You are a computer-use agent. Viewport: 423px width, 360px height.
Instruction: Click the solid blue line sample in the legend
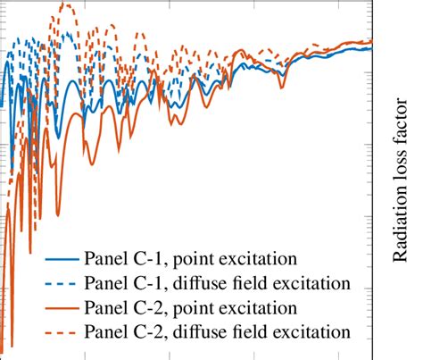[x=60, y=261]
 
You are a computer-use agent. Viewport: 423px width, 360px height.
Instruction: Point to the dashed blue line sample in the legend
[x=60, y=284]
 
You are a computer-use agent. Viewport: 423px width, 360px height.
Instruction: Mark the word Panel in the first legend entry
[x=104, y=261]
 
